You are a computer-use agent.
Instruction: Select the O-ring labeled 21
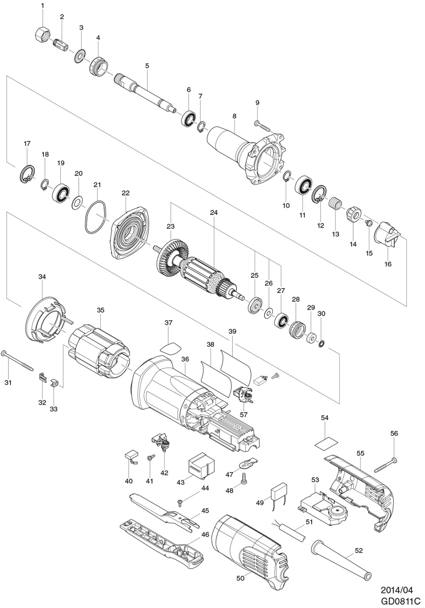click(96, 217)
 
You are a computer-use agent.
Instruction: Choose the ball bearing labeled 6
click(188, 118)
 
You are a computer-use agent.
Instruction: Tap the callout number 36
click(185, 359)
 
